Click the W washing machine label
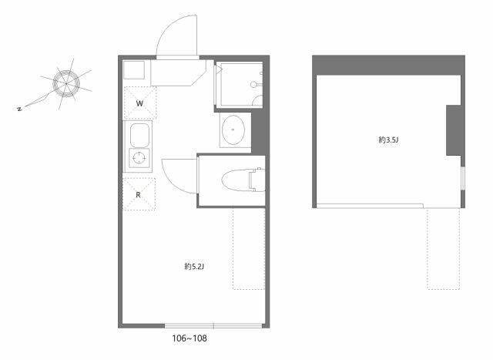pyautogui.click(x=139, y=103)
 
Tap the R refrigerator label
pyautogui.click(x=139, y=195)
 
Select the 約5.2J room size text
pyautogui.click(x=194, y=267)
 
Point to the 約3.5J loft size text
pyautogui.click(x=388, y=140)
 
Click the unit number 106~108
pyautogui.click(x=189, y=338)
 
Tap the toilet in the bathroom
pyautogui.click(x=243, y=180)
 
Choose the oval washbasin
pyautogui.click(x=233, y=130)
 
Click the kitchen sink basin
pyautogui.click(x=139, y=135)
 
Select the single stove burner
pyautogui.click(x=139, y=158)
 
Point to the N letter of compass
pyautogui.click(x=19, y=109)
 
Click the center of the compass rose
pyautogui.click(x=66, y=83)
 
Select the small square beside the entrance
pyautogui.click(x=134, y=70)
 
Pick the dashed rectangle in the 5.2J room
pyautogui.click(x=249, y=248)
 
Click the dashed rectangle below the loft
pyautogui.click(x=444, y=248)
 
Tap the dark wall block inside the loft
pyautogui.click(x=454, y=130)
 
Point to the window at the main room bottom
pyautogui.click(x=213, y=326)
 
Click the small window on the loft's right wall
pyautogui.click(x=463, y=178)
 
